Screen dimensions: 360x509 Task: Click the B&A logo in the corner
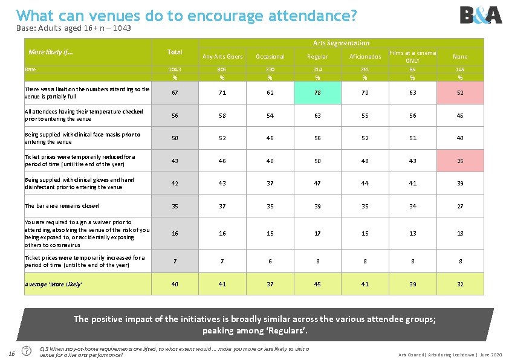tap(481, 14)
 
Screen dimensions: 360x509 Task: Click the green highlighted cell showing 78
tap(317, 93)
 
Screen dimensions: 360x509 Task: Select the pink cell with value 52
tap(460, 93)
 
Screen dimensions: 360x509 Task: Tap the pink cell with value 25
tap(460, 161)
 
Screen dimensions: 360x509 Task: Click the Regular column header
tap(317, 57)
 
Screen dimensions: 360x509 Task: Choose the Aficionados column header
tap(365, 57)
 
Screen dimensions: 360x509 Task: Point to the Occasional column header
tap(270, 57)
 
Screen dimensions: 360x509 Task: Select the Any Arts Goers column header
tap(222, 57)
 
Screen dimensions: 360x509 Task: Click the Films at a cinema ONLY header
tap(412, 57)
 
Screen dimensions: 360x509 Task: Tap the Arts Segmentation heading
tap(341, 43)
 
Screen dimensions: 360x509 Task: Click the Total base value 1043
tap(175, 69)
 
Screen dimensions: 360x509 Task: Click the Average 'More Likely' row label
tap(54, 284)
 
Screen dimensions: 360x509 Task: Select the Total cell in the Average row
tap(175, 284)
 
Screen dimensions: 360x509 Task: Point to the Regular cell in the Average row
tap(317, 284)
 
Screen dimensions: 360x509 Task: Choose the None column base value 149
tap(460, 69)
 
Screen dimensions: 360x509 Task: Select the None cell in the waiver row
tap(460, 233)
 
